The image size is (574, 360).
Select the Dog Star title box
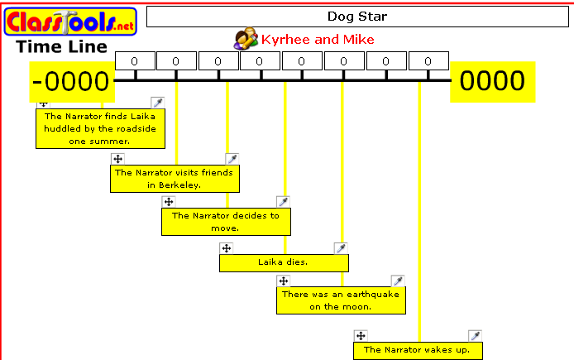coord(357,17)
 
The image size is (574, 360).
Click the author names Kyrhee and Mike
coord(318,40)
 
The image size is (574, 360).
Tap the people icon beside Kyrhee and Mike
coord(246,39)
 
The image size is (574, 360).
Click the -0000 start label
coord(71,81)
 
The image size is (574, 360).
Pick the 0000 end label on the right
coord(492,81)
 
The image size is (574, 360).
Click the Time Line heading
coord(62,47)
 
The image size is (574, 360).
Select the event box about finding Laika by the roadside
coord(99,128)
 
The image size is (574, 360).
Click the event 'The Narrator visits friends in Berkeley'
coord(175,179)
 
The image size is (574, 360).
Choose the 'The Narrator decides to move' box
coord(226,221)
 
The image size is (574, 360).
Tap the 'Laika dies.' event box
coord(283,262)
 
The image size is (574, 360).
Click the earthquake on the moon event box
coord(341,300)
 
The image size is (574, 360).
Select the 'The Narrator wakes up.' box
coord(417,351)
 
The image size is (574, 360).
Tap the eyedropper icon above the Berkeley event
coord(232,159)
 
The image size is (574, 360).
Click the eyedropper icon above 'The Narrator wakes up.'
coord(475,336)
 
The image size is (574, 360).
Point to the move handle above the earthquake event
coord(283,281)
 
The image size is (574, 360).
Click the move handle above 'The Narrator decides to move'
coord(168,201)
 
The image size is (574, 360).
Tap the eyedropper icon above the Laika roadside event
coord(158,103)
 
